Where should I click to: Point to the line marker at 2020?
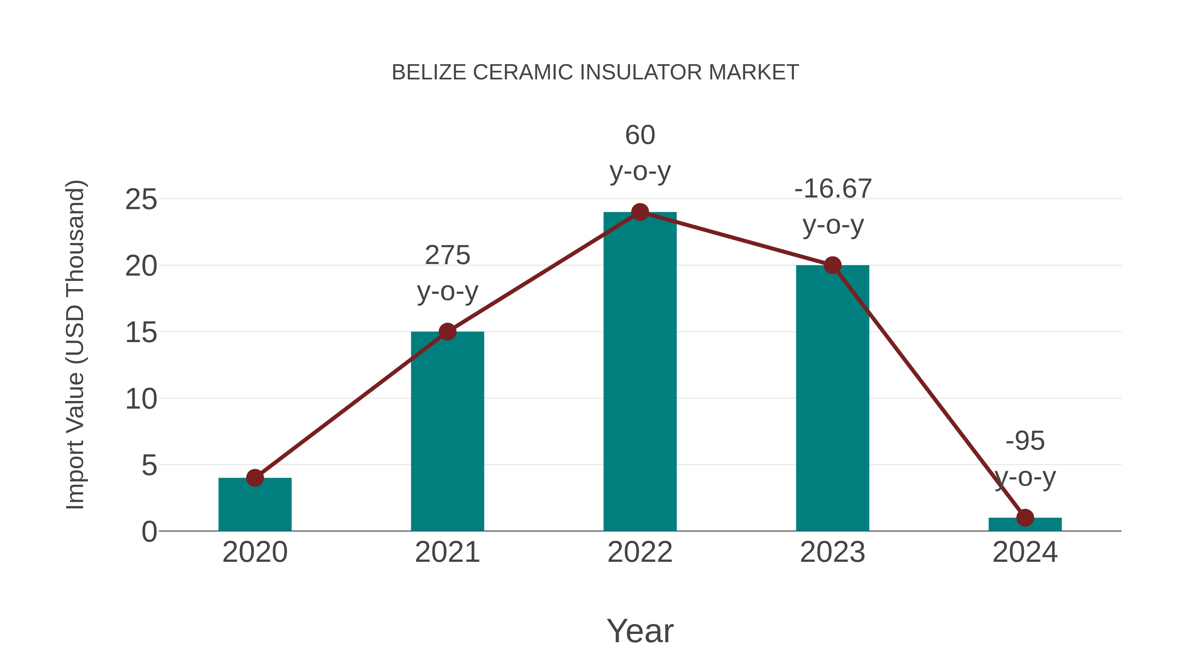(x=255, y=478)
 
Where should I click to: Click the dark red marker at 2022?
(x=640, y=212)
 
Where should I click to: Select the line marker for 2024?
(x=1025, y=518)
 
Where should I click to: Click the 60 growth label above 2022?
(x=640, y=135)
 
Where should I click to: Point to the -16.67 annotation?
(x=833, y=189)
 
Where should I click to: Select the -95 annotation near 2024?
(x=1025, y=441)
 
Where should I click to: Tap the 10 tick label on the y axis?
(x=141, y=399)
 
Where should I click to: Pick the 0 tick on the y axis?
(x=149, y=532)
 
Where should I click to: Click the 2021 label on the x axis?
(x=447, y=552)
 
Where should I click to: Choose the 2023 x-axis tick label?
(x=832, y=552)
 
